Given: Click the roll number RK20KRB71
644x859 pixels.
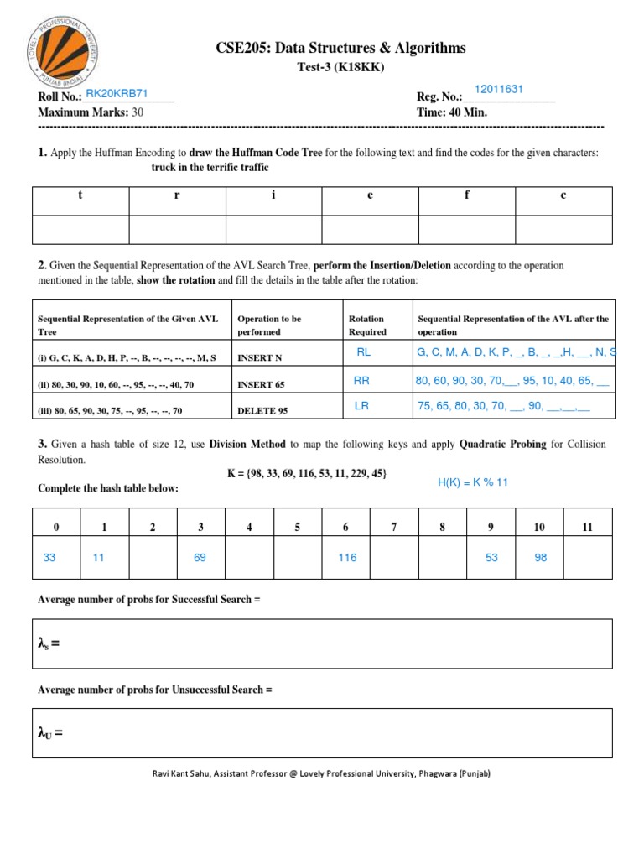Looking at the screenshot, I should coord(117,93).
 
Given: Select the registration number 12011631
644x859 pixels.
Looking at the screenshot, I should coord(499,90).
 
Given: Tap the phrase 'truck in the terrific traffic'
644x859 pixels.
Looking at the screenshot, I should coord(210,168).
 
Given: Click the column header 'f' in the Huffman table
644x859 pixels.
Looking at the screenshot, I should coord(467,195).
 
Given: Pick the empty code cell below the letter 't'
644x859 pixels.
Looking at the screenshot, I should coord(80,229).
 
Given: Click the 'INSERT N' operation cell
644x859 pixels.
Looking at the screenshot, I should coord(260,357).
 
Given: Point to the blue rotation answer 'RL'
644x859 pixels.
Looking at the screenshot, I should coord(363,352).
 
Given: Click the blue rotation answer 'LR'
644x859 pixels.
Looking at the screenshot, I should coord(361,406).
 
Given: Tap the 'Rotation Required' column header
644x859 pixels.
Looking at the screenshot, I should coord(366,325).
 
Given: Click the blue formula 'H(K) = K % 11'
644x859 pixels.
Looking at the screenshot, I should coord(473,483).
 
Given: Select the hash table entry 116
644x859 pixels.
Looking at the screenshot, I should coord(347,557).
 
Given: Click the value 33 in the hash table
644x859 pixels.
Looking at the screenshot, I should coord(49,557).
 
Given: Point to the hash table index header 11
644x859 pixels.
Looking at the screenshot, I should coord(587,527).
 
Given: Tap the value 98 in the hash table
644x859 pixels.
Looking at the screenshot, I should coord(541,557).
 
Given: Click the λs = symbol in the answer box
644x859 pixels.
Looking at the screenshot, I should coord(50,644).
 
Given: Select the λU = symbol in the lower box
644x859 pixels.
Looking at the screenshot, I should coord(51,733).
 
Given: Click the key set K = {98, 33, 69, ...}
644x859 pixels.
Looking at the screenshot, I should coord(307,474).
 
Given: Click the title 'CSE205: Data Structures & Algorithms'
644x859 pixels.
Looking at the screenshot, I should coord(340,49).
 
